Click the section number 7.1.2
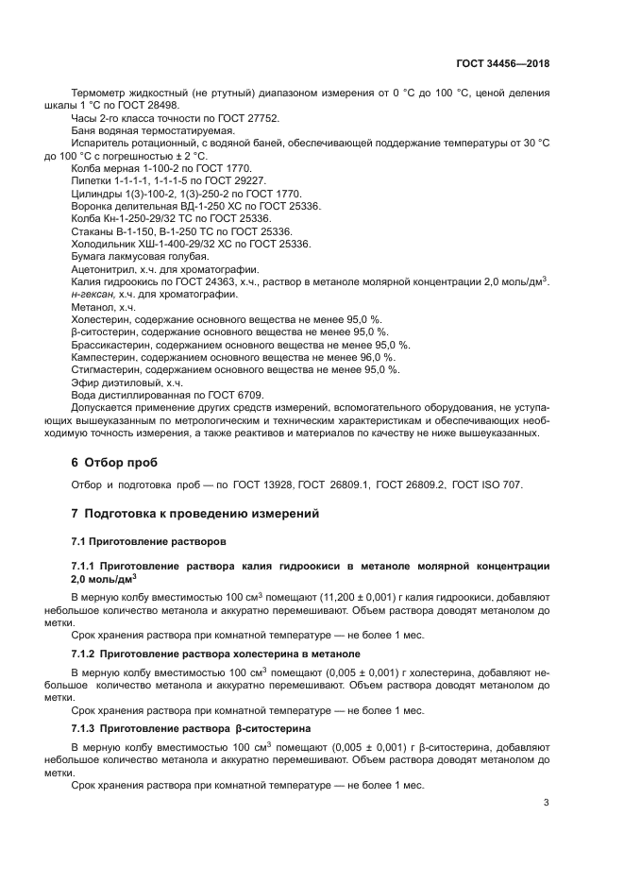tap(87, 654)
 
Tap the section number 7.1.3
tap(87, 731)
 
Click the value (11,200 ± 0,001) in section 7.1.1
tap(366, 598)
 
